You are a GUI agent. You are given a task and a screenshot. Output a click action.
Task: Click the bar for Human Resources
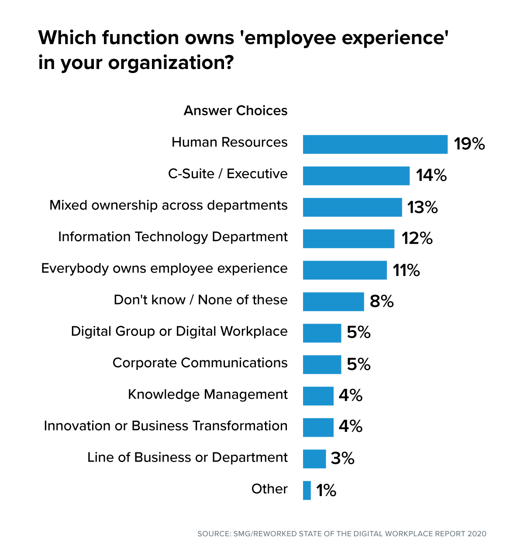pyautogui.click(x=375, y=145)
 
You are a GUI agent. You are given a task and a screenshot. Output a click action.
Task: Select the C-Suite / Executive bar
pyautogui.click(x=356, y=176)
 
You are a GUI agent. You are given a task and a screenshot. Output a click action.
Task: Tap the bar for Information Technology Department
pyautogui.click(x=348, y=239)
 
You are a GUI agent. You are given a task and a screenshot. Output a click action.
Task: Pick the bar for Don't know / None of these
pyautogui.click(x=333, y=302)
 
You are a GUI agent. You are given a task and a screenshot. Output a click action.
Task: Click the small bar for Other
pyautogui.click(x=307, y=490)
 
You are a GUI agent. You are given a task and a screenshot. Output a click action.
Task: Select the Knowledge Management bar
pyautogui.click(x=318, y=396)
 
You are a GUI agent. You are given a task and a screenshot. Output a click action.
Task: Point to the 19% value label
pyautogui.click(x=469, y=144)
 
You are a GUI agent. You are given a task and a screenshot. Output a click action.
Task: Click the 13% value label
pyautogui.click(x=422, y=207)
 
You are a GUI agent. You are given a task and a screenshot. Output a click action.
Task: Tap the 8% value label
pyautogui.click(x=382, y=301)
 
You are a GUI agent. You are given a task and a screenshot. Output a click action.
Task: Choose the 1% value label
pyautogui.click(x=326, y=490)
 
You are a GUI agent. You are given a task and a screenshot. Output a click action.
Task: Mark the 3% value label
pyautogui.click(x=342, y=459)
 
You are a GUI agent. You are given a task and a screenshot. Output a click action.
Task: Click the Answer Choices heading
pyautogui.click(x=235, y=111)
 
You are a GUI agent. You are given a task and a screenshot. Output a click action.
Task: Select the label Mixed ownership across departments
pyautogui.click(x=169, y=205)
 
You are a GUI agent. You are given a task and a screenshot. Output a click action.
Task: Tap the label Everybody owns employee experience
pyautogui.click(x=164, y=269)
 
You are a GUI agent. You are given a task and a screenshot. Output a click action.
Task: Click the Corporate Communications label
pyautogui.click(x=200, y=363)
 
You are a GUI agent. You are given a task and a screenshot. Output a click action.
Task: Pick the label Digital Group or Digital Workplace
pyautogui.click(x=179, y=331)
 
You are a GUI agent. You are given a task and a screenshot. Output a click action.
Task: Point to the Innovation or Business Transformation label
pyautogui.click(x=165, y=426)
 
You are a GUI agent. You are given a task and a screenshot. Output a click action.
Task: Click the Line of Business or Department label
pyautogui.click(x=187, y=457)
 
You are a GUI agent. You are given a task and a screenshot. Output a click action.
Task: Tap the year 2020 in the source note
pyautogui.click(x=476, y=534)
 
